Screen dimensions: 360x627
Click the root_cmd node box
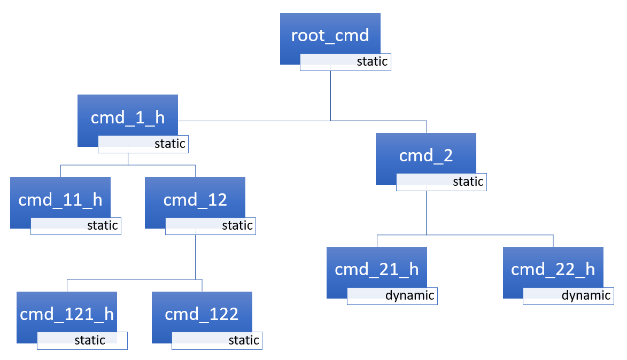pos(330,35)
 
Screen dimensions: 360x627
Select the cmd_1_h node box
pos(127,118)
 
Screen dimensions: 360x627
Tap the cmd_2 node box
pos(425,156)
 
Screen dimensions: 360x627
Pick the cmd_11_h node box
pos(60,200)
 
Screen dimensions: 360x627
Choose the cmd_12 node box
pos(195,200)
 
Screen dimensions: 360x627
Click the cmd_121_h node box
pos(67,314)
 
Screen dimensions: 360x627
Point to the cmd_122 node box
pos(202,314)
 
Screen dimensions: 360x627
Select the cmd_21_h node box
pos(376,269)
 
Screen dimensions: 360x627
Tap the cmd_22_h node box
pos(553,269)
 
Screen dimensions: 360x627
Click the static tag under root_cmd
pos(345,62)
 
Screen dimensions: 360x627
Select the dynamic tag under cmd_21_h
pos(392,296)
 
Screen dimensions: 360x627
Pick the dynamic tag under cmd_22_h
pos(568,296)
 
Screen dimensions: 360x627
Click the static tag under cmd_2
pos(441,182)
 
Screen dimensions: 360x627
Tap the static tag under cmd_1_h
pos(143,144)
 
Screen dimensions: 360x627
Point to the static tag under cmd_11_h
pos(76,226)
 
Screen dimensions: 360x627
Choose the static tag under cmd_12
pos(211,226)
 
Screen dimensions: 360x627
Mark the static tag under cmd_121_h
pos(82,341)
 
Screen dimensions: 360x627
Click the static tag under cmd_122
pos(217,341)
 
